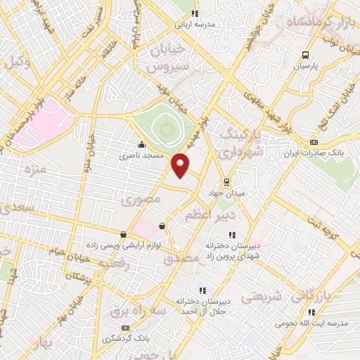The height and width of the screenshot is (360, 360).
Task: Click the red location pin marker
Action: tap(181, 165)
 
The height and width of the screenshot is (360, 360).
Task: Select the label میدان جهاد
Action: tap(224, 191)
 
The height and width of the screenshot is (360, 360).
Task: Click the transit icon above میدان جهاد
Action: tap(226, 180)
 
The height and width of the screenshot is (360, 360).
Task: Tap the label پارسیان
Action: tap(306, 65)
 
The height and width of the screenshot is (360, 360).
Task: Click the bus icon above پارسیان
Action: tap(305, 54)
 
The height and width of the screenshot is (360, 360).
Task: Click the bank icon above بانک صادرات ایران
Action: tap(314, 141)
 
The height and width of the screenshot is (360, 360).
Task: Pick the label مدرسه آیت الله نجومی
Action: tap(325, 323)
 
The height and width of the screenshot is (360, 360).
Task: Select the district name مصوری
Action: tap(141, 200)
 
